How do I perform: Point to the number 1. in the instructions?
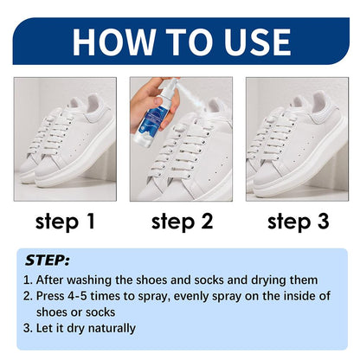pos(29,280)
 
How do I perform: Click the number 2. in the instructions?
pos(29,297)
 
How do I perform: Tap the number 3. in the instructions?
pos(29,328)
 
